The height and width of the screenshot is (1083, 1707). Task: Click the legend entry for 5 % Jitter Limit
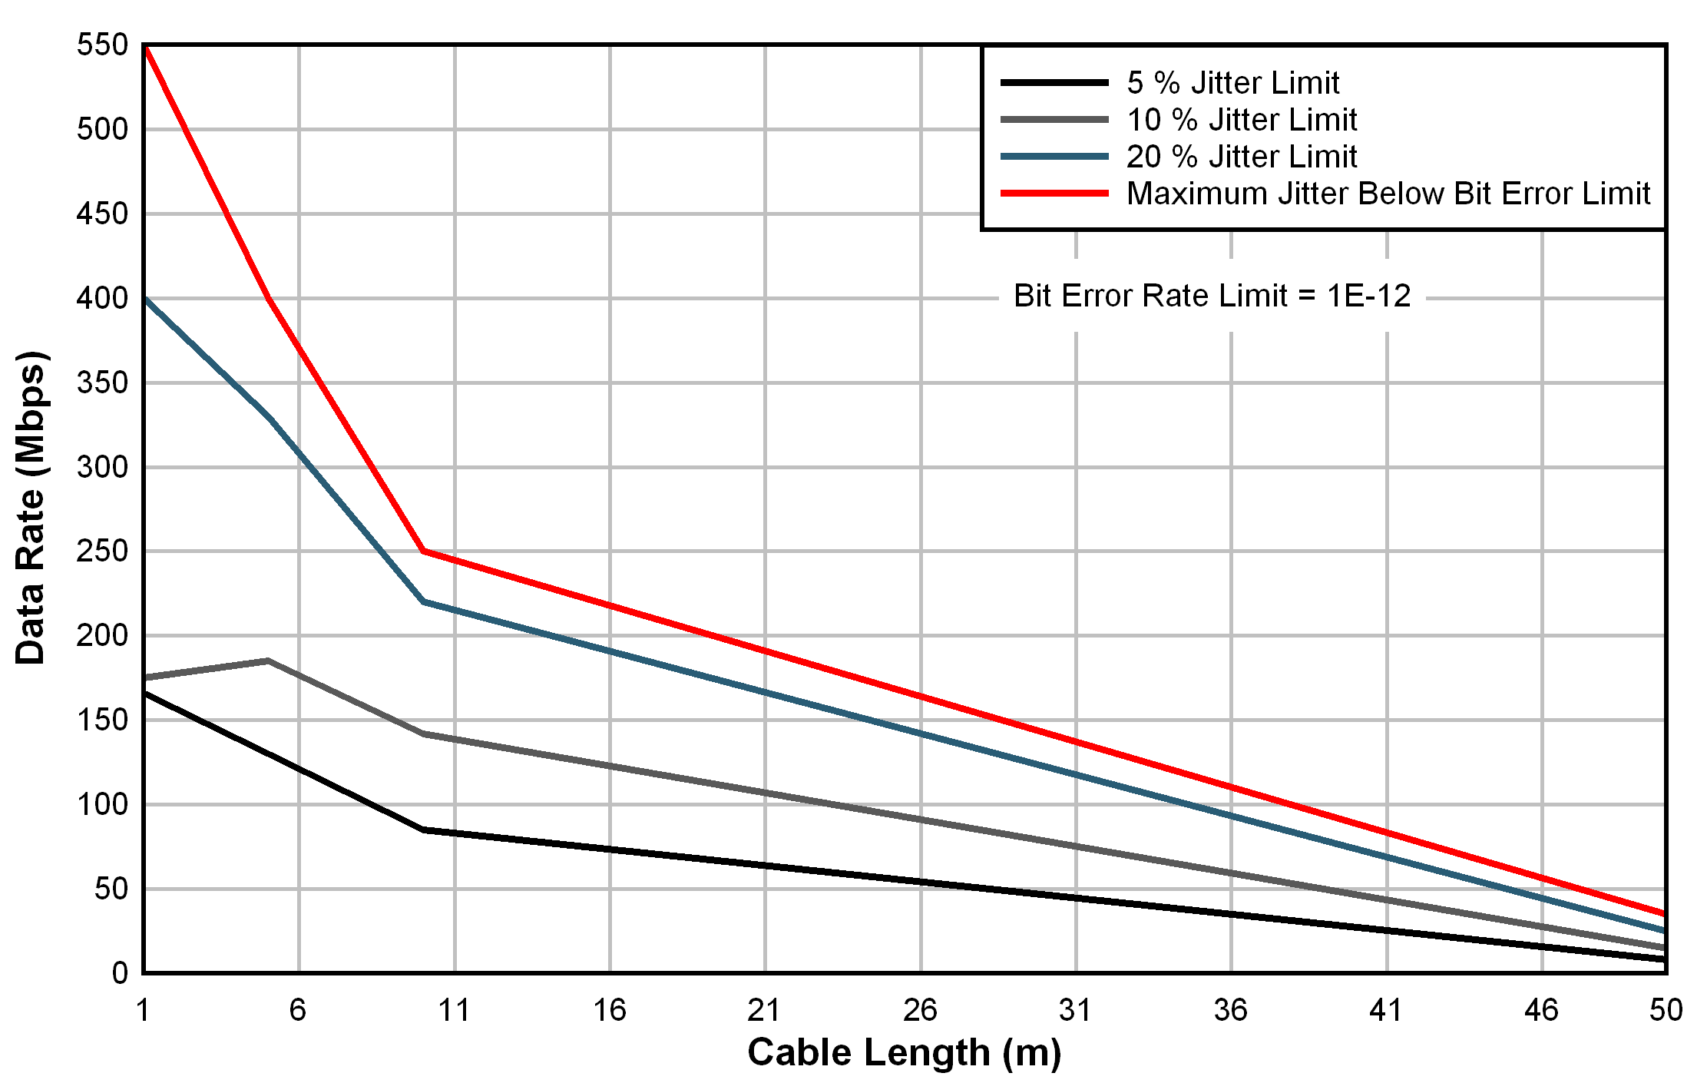(1232, 83)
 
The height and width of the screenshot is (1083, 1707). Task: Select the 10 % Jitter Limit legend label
(1241, 120)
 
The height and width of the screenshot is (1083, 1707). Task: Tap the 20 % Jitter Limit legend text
(1241, 157)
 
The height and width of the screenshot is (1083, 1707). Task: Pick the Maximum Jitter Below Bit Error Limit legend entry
(1388, 194)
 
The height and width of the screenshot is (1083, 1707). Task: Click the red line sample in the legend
(1054, 194)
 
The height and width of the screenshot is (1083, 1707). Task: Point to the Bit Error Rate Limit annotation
(1212, 296)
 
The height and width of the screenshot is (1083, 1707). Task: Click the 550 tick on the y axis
(102, 45)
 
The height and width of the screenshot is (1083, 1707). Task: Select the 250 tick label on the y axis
(102, 551)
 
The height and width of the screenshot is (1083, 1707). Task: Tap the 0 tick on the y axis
(120, 973)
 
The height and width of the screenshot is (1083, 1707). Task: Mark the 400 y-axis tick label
(102, 298)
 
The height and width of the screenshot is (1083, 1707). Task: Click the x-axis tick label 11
(454, 1010)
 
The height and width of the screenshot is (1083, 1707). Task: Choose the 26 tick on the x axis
(920, 1010)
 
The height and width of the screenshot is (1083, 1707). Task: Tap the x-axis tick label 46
(1541, 1010)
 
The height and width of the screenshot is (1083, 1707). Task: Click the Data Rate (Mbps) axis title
(31, 508)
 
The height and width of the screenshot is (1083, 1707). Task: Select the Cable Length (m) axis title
(904, 1053)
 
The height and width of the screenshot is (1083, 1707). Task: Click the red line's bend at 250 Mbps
(423, 551)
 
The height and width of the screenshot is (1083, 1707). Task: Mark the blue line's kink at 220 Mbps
(424, 601)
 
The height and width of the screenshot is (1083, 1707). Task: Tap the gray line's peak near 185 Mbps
(268, 661)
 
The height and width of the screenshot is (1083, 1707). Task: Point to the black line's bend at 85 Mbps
(424, 830)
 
